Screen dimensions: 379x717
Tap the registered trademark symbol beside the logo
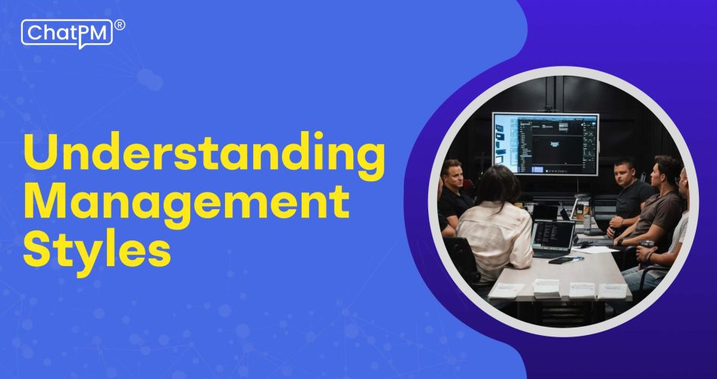(x=120, y=25)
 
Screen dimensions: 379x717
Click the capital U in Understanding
(x=40, y=155)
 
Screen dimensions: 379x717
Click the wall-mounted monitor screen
(x=545, y=143)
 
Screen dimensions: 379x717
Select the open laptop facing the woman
(x=553, y=236)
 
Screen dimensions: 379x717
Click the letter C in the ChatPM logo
(x=34, y=33)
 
